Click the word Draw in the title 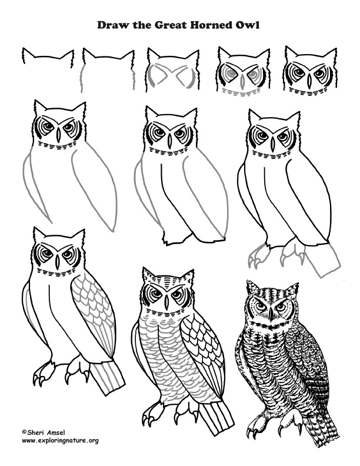(113, 26)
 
